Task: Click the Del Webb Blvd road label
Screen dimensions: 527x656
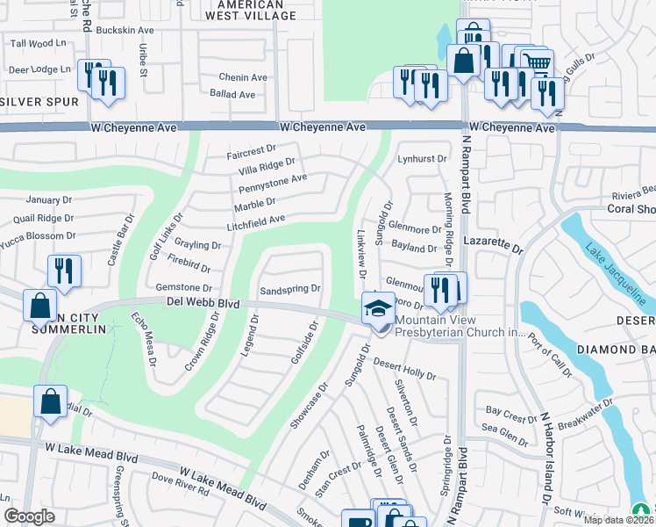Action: pyautogui.click(x=203, y=303)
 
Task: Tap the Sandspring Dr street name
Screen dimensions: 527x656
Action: pyautogui.click(x=290, y=289)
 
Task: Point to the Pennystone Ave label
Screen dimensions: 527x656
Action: pyautogui.click(x=273, y=179)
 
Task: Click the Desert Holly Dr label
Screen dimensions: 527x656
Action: pyautogui.click(x=404, y=369)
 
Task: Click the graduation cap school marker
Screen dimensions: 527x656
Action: pyautogui.click(x=378, y=308)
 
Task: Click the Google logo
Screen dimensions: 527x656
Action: pyautogui.click(x=29, y=516)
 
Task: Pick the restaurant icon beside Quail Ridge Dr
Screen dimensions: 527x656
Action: pyautogui.click(x=63, y=269)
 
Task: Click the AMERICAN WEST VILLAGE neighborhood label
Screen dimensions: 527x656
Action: pyautogui.click(x=243, y=11)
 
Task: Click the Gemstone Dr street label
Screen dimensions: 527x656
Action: pyautogui.click(x=183, y=288)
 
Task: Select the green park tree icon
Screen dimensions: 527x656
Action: pyautogui.click(x=642, y=510)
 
